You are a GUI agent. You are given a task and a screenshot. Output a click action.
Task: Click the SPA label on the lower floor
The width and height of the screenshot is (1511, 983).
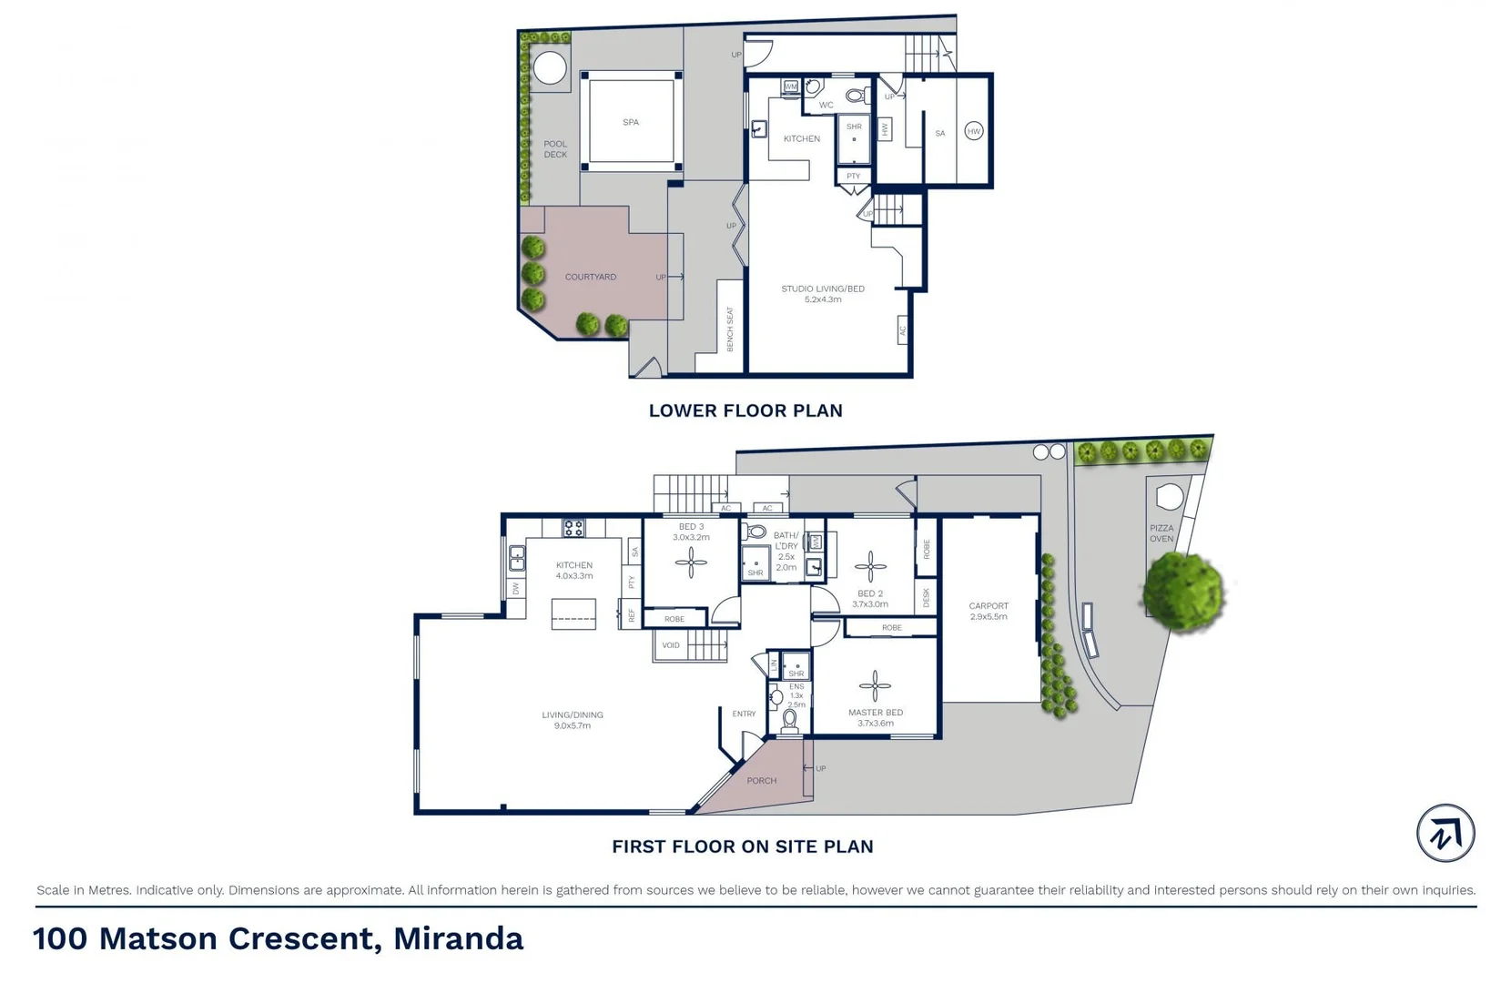[630, 122]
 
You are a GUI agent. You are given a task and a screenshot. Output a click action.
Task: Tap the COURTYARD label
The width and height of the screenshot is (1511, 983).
[590, 277]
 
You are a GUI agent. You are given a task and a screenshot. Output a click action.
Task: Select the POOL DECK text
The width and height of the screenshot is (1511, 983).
[555, 149]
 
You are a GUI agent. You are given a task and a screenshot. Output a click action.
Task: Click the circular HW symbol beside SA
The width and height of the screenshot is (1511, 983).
[973, 131]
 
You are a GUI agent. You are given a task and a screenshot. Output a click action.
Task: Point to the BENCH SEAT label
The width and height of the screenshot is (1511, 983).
[729, 329]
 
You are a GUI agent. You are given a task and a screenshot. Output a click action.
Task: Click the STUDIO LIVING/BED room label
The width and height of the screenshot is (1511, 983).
[823, 293]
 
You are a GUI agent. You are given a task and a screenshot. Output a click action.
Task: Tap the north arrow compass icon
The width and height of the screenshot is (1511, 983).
[1445, 833]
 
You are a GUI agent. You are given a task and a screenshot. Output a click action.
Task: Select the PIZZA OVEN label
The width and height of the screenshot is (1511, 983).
[1161, 533]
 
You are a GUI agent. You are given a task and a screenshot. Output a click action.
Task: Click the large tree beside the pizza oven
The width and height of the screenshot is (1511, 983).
[1183, 593]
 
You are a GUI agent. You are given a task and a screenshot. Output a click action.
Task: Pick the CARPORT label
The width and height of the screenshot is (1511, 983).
[989, 611]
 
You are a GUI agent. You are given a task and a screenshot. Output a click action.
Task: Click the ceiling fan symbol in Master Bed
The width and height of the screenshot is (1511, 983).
[875, 686]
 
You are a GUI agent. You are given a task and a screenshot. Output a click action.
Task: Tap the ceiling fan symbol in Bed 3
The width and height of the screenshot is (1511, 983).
[691, 562]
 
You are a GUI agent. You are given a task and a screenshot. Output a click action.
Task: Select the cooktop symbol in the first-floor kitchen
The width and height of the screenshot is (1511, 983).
[573, 528]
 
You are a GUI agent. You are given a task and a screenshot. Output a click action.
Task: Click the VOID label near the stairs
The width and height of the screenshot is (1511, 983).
[671, 645]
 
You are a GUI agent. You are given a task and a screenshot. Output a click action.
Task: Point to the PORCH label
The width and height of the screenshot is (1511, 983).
[761, 781]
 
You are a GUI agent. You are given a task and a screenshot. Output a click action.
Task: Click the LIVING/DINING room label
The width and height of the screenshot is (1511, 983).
[573, 720]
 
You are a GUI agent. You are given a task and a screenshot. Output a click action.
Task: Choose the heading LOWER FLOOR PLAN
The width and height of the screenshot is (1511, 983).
[745, 410]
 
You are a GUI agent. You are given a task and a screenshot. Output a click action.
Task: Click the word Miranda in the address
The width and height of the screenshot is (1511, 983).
[458, 938]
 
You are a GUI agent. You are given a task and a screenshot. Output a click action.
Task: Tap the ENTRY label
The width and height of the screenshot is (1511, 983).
[744, 714]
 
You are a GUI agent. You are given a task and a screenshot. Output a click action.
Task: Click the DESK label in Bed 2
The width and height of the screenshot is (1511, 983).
[927, 597]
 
